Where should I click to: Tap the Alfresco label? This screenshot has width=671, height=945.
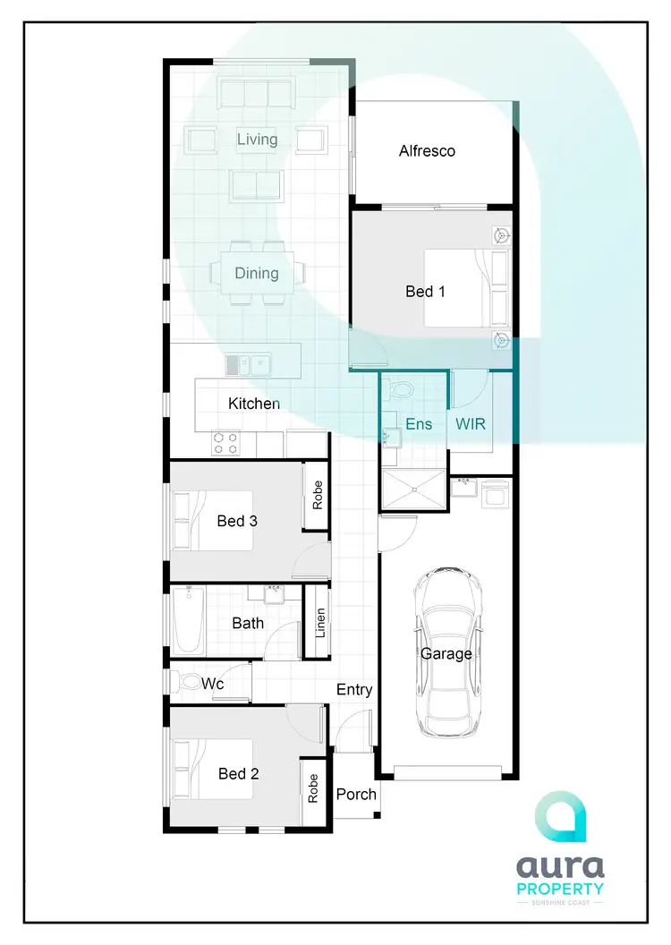pos(427,151)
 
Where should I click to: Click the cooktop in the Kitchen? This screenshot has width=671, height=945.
pos(226,443)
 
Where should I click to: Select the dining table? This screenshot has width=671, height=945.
pos(257,273)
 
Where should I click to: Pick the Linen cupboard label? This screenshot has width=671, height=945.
pos(319,622)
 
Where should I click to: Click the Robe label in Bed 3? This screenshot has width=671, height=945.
pos(318,495)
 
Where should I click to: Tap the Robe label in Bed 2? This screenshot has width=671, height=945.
pos(312,787)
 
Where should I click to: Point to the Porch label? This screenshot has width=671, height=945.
pos(356,794)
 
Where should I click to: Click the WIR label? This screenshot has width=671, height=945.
pos(471,423)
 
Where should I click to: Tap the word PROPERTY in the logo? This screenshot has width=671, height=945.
pos(560,889)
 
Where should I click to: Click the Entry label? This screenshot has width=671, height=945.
pos(354,690)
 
